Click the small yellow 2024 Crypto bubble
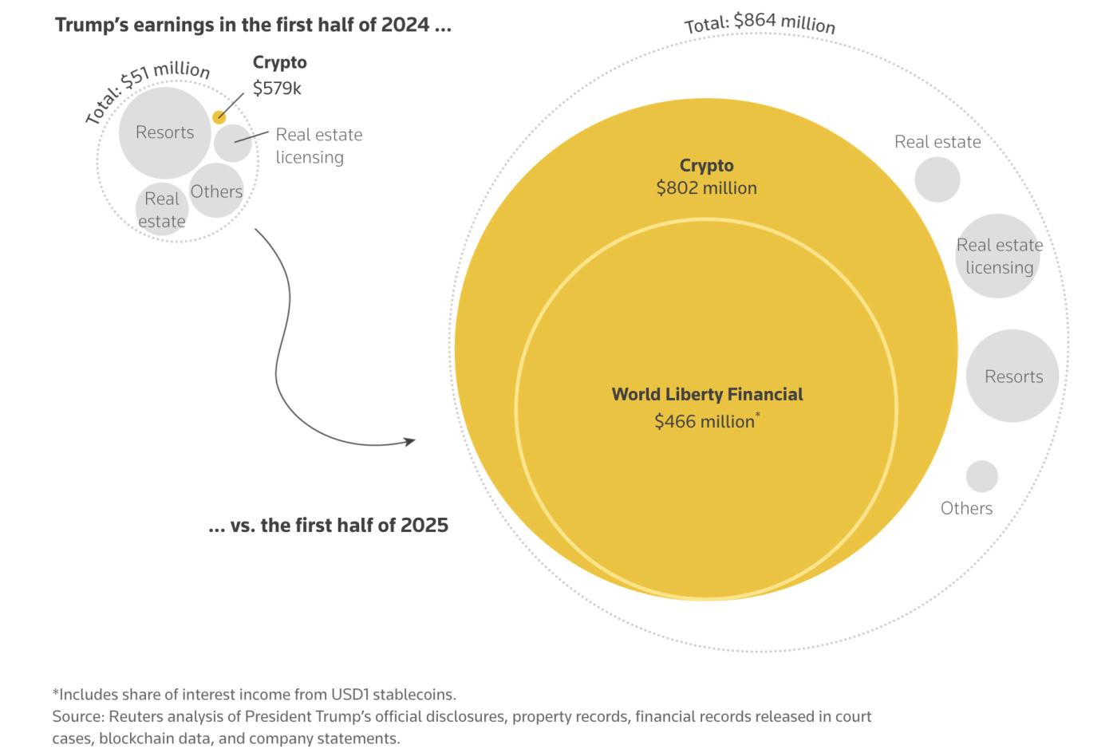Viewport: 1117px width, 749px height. coord(219,117)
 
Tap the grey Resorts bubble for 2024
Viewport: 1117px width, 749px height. coord(165,132)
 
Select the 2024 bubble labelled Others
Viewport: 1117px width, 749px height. coord(217,191)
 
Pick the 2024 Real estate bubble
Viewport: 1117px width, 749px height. coord(162,210)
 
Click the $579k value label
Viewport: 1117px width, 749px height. coord(277,89)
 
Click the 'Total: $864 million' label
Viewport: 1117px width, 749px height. coord(760,22)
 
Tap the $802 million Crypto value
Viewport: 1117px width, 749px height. coord(706,188)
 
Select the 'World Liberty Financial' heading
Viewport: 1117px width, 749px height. coord(707,394)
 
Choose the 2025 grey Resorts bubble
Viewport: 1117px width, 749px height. coord(1012,376)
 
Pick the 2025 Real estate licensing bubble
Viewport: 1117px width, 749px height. coord(998,256)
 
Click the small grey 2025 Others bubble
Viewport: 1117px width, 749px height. coord(982,476)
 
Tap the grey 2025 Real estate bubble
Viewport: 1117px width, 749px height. coord(937,179)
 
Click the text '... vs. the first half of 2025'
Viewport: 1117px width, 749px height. coord(328,525)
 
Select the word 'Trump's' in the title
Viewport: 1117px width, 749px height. coord(90,25)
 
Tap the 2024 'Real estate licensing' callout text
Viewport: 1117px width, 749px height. coord(318,146)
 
